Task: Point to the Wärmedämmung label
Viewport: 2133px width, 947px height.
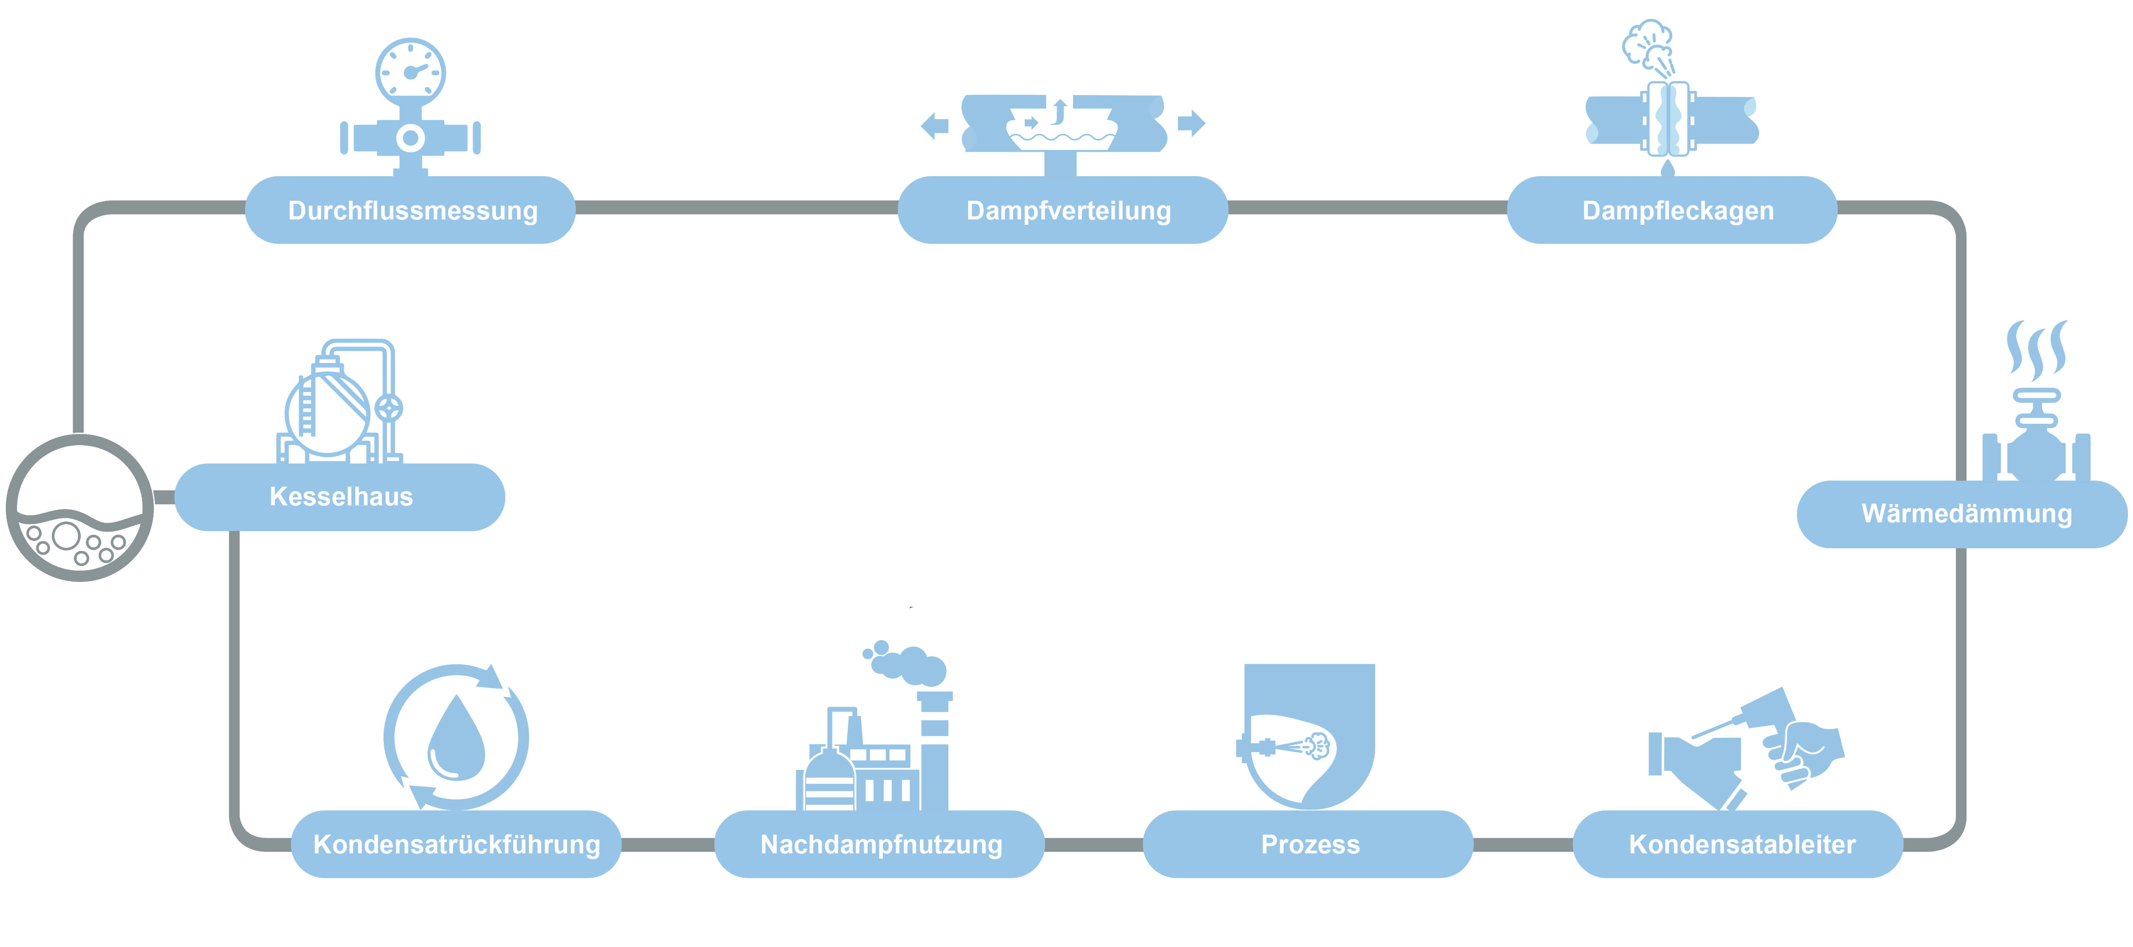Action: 1966,513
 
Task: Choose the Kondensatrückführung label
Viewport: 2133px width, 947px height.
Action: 456,844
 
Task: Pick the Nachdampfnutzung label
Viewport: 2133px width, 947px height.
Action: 881,844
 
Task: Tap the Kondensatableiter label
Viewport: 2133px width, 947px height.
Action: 1741,844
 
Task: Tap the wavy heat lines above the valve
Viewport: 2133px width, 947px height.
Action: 2036,350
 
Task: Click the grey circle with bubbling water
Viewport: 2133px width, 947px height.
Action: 79,508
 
